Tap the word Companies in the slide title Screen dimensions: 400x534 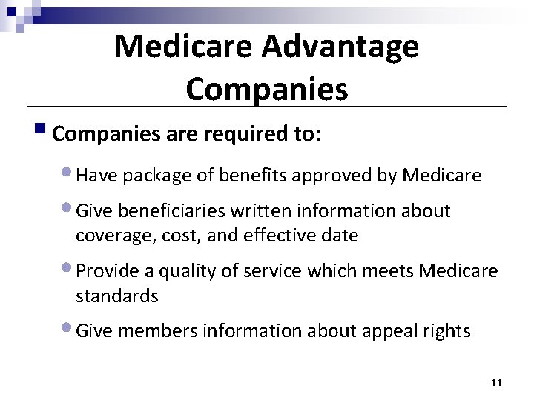(x=266, y=89)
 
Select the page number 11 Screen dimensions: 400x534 (x=496, y=382)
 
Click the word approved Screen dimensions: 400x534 (x=329, y=176)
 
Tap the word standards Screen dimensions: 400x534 (x=116, y=296)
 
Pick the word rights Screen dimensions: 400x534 (x=447, y=330)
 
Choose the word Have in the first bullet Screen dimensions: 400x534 (x=93, y=176)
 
